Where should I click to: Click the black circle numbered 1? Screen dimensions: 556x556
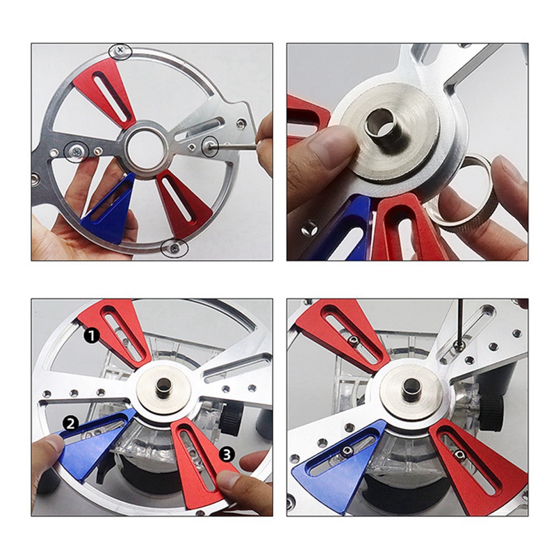click(x=90, y=335)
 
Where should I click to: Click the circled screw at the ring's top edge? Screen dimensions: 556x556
click(x=122, y=50)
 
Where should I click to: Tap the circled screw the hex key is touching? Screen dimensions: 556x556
click(x=208, y=146)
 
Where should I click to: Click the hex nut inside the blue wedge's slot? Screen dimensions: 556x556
click(x=345, y=452)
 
